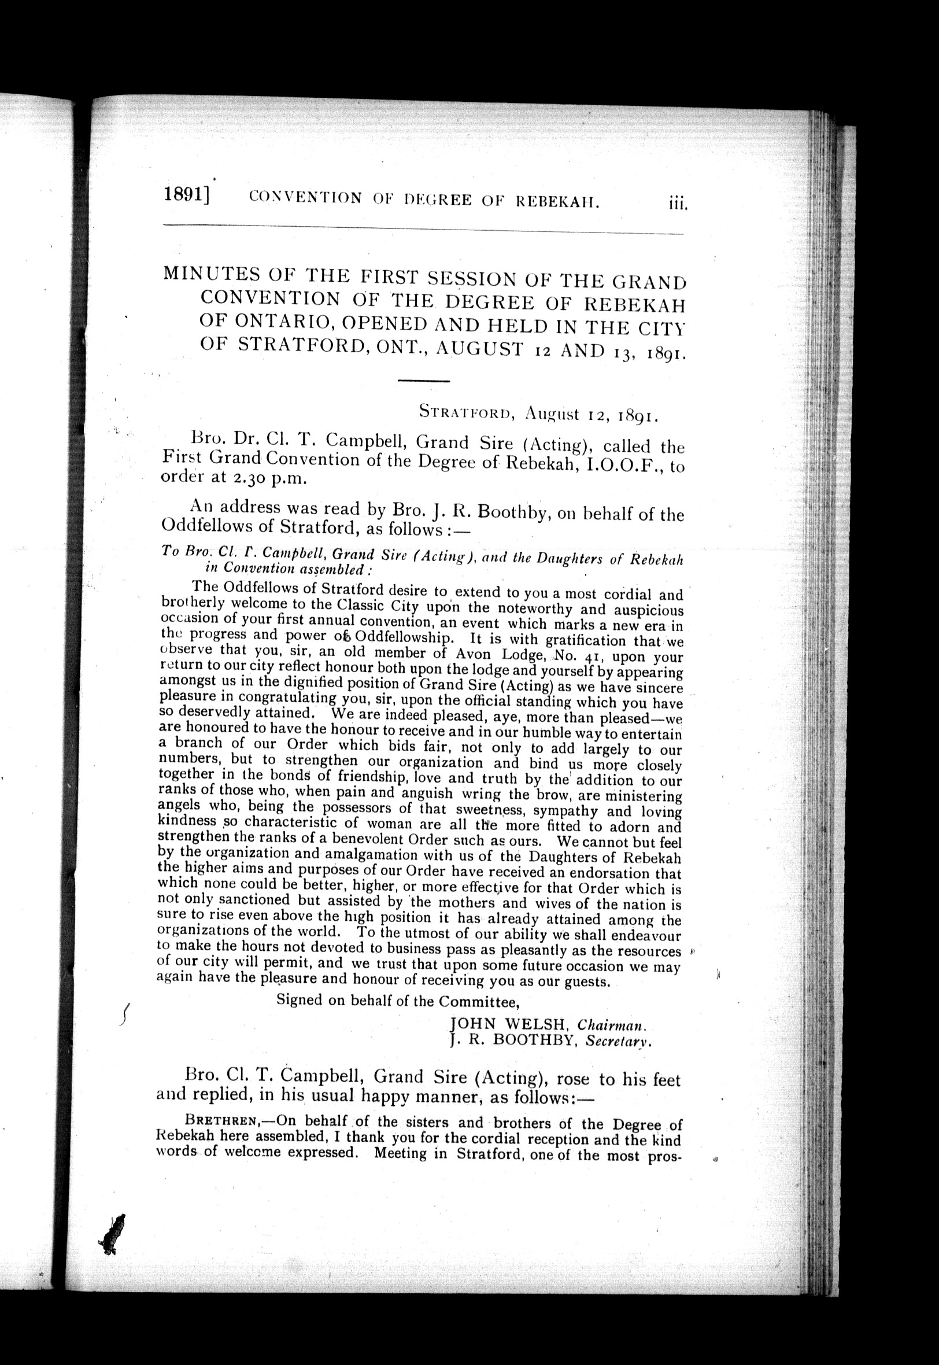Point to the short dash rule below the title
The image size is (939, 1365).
423,381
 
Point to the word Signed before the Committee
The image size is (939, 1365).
301,1000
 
